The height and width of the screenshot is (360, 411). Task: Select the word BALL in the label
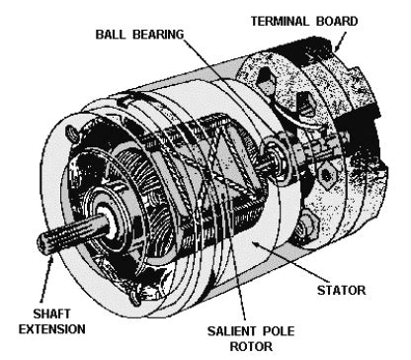coord(142,33)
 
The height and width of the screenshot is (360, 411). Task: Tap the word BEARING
coord(188,33)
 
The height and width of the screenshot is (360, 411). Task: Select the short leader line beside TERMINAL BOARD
coord(337,41)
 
